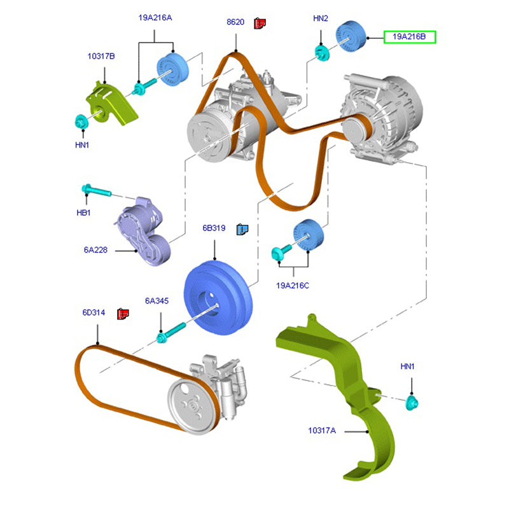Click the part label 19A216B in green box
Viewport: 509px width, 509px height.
[409, 38]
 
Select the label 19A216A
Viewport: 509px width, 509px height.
[155, 18]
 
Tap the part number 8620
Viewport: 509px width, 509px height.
[235, 22]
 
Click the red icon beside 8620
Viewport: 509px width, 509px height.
[260, 23]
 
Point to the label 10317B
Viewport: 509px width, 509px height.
[101, 57]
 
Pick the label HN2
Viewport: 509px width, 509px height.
[321, 19]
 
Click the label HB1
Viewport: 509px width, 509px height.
[83, 213]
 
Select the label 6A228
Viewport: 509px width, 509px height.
[95, 250]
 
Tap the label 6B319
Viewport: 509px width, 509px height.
[215, 228]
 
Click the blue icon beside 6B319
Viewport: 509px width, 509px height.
[242, 229]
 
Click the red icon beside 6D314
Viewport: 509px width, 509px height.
[123, 314]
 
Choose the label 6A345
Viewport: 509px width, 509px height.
[157, 301]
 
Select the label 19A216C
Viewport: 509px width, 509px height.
[292, 286]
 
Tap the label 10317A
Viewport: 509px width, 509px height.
[322, 431]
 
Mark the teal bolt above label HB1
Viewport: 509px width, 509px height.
[95, 190]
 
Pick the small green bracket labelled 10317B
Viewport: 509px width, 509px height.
[113, 102]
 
